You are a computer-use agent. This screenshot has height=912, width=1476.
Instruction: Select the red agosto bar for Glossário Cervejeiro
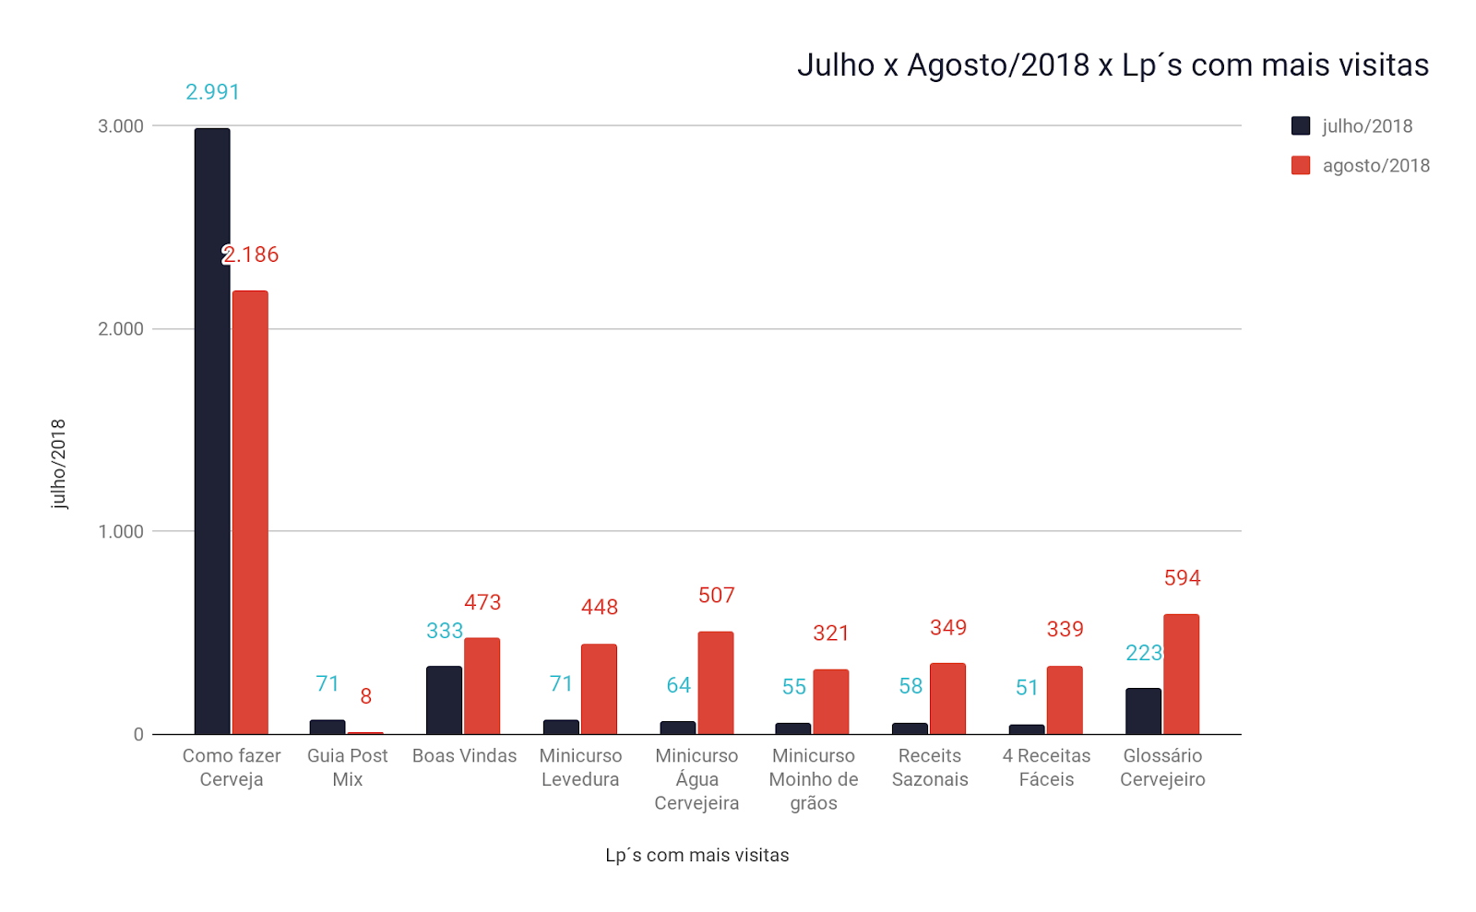(1181, 674)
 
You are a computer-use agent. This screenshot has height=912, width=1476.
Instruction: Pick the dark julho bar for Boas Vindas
(444, 700)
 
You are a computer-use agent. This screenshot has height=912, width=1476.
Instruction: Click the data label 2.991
(212, 92)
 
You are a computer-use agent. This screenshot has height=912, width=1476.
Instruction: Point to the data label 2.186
(251, 255)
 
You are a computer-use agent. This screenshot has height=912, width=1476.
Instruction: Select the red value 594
(1182, 578)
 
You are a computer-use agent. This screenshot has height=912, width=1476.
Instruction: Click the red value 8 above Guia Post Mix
(366, 696)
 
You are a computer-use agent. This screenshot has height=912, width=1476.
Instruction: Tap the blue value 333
(444, 631)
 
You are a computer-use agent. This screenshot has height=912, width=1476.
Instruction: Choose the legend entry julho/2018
(1366, 126)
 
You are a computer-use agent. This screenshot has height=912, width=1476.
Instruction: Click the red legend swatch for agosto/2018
(1301, 166)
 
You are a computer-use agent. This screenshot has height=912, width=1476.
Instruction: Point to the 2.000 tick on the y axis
(121, 329)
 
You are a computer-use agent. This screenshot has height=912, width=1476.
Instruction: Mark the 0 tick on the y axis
(138, 735)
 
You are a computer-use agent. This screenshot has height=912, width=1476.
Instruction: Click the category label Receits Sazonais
(930, 767)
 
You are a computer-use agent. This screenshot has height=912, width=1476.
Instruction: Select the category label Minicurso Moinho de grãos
(814, 779)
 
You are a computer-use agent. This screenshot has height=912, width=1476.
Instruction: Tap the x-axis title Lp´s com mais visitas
(696, 856)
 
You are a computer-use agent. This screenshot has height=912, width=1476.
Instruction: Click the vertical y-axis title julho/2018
(59, 464)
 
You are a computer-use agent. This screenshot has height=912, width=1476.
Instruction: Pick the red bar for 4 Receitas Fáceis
(1065, 700)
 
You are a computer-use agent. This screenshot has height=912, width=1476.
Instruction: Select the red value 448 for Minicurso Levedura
(600, 608)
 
